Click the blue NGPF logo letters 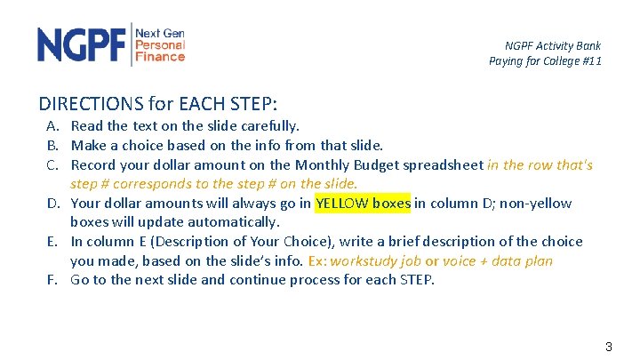(x=82, y=44)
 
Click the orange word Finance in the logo (x=159, y=57)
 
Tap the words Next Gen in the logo (x=159, y=32)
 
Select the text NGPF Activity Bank (x=552, y=45)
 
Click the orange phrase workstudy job (x=377, y=261)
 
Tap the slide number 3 (x=608, y=347)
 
